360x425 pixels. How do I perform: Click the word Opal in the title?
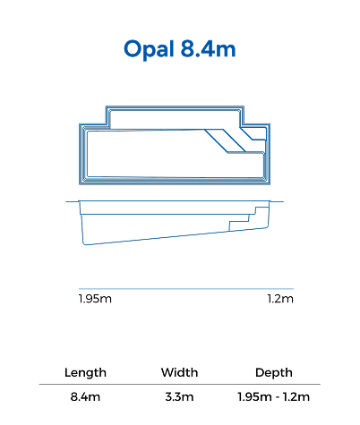[x=149, y=49]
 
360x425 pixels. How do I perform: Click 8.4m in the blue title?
[x=208, y=48]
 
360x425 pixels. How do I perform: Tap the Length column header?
[x=85, y=372]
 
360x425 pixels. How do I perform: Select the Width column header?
[x=179, y=372]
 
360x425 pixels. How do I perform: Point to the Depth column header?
[x=274, y=373]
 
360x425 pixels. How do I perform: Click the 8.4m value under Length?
[x=85, y=397]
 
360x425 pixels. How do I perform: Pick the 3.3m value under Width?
[x=179, y=397]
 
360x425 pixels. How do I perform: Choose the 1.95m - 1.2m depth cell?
[x=274, y=397]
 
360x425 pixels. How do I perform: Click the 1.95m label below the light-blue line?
[x=95, y=299]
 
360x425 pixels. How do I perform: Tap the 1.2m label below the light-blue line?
[x=280, y=299]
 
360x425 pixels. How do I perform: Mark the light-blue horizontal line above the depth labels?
[x=186, y=289]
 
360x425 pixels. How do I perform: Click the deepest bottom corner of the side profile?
[x=84, y=244]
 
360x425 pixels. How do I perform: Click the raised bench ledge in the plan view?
[x=175, y=120]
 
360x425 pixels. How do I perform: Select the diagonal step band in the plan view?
[x=226, y=140]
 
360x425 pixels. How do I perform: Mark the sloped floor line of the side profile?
[x=176, y=236]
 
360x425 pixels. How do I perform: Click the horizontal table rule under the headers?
[x=180, y=385]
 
